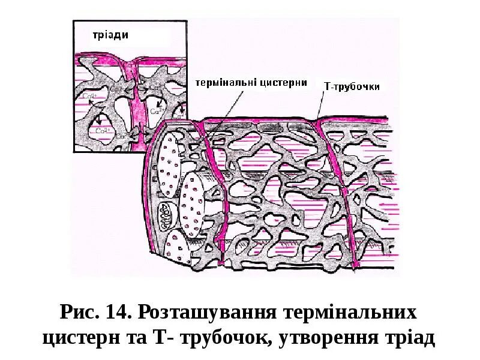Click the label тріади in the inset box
[x=109, y=35]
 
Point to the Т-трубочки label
[x=351, y=86]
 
